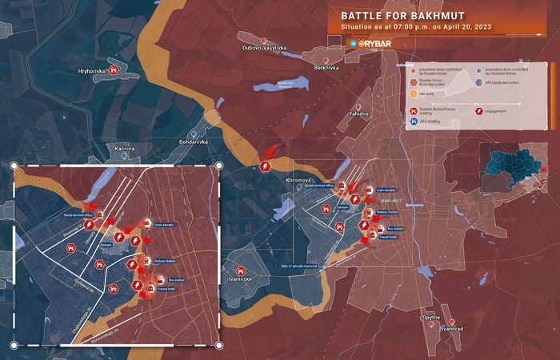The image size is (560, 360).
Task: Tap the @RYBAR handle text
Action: tap(374, 43)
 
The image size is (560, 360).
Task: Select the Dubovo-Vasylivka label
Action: tap(264, 48)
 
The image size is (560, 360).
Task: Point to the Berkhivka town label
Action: tap(326, 69)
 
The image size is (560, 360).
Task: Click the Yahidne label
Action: tap(359, 114)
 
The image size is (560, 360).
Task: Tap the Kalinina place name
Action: tap(124, 149)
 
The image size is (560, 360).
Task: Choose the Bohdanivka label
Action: tap(192, 142)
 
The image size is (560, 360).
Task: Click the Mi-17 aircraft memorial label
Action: tap(300, 266)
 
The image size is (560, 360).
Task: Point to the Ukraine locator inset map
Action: tap(512, 168)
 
